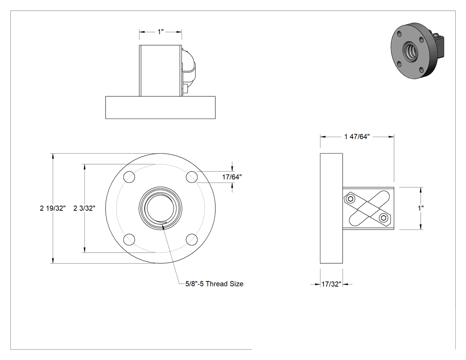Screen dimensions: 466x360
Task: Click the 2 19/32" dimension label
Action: point(53,208)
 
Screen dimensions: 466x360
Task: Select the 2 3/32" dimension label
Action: point(84,208)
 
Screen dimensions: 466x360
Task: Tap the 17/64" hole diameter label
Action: point(232,177)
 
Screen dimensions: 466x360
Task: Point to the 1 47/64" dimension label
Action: point(357,136)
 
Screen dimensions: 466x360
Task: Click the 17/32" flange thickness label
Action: point(332,284)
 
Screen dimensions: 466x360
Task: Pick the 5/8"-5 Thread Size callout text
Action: point(214,284)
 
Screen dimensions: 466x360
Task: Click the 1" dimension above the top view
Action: point(161,32)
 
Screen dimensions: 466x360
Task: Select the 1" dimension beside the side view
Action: point(421,208)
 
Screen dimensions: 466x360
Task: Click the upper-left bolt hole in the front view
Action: point(129,177)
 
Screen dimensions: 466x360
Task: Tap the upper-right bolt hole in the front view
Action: point(192,177)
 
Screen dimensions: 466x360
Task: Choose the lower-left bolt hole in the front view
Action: point(129,240)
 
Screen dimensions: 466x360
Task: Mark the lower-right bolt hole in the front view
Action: point(192,240)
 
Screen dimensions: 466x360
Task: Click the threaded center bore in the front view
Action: point(161,208)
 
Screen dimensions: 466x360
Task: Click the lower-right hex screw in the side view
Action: point(384,218)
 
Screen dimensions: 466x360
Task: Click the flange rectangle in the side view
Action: point(332,208)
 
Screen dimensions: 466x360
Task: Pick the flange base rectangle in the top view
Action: point(161,107)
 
